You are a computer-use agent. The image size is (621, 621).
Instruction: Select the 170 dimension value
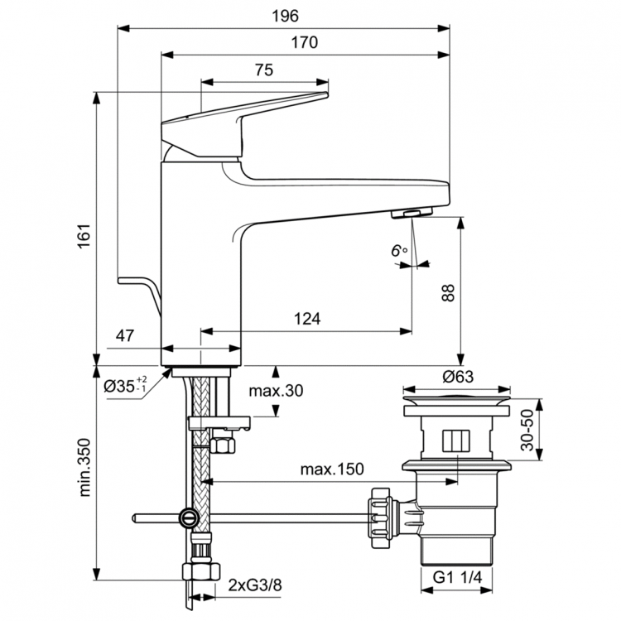click(305, 43)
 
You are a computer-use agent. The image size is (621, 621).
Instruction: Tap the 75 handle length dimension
click(264, 70)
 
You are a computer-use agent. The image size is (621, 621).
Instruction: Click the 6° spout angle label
click(401, 249)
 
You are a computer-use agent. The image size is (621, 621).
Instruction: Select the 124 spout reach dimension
click(307, 319)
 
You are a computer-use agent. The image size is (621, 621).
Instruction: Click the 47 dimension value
click(125, 336)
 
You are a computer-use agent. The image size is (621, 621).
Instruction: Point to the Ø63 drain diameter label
click(457, 376)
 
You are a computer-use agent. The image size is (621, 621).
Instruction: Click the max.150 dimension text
click(332, 469)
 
